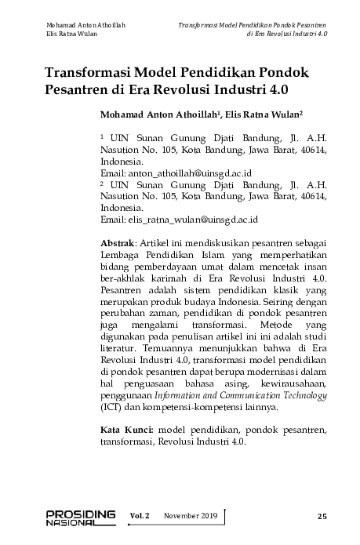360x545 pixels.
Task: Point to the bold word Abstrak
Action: point(117,244)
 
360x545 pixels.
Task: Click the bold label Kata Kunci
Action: point(128,431)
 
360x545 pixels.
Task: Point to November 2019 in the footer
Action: point(190,515)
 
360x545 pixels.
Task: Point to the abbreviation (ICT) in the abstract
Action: point(112,409)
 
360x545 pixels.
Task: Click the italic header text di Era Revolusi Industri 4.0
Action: point(286,35)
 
